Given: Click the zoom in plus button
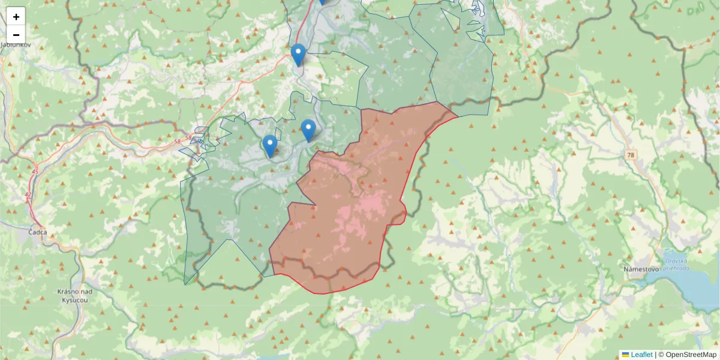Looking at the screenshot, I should pos(16,17).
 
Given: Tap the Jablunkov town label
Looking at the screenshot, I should pos(13,44).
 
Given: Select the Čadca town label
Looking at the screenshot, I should pos(37,232).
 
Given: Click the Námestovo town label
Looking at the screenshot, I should pos(641,269).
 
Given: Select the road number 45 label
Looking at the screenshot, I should pos(35,172).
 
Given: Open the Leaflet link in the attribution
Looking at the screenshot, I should pos(641,355).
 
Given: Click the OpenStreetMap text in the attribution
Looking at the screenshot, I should pos(691,355).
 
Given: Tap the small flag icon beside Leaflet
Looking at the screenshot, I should pos(625,355).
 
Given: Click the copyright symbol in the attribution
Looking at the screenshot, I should pos(661,355).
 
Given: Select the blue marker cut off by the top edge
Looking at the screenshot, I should pos(323,1).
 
